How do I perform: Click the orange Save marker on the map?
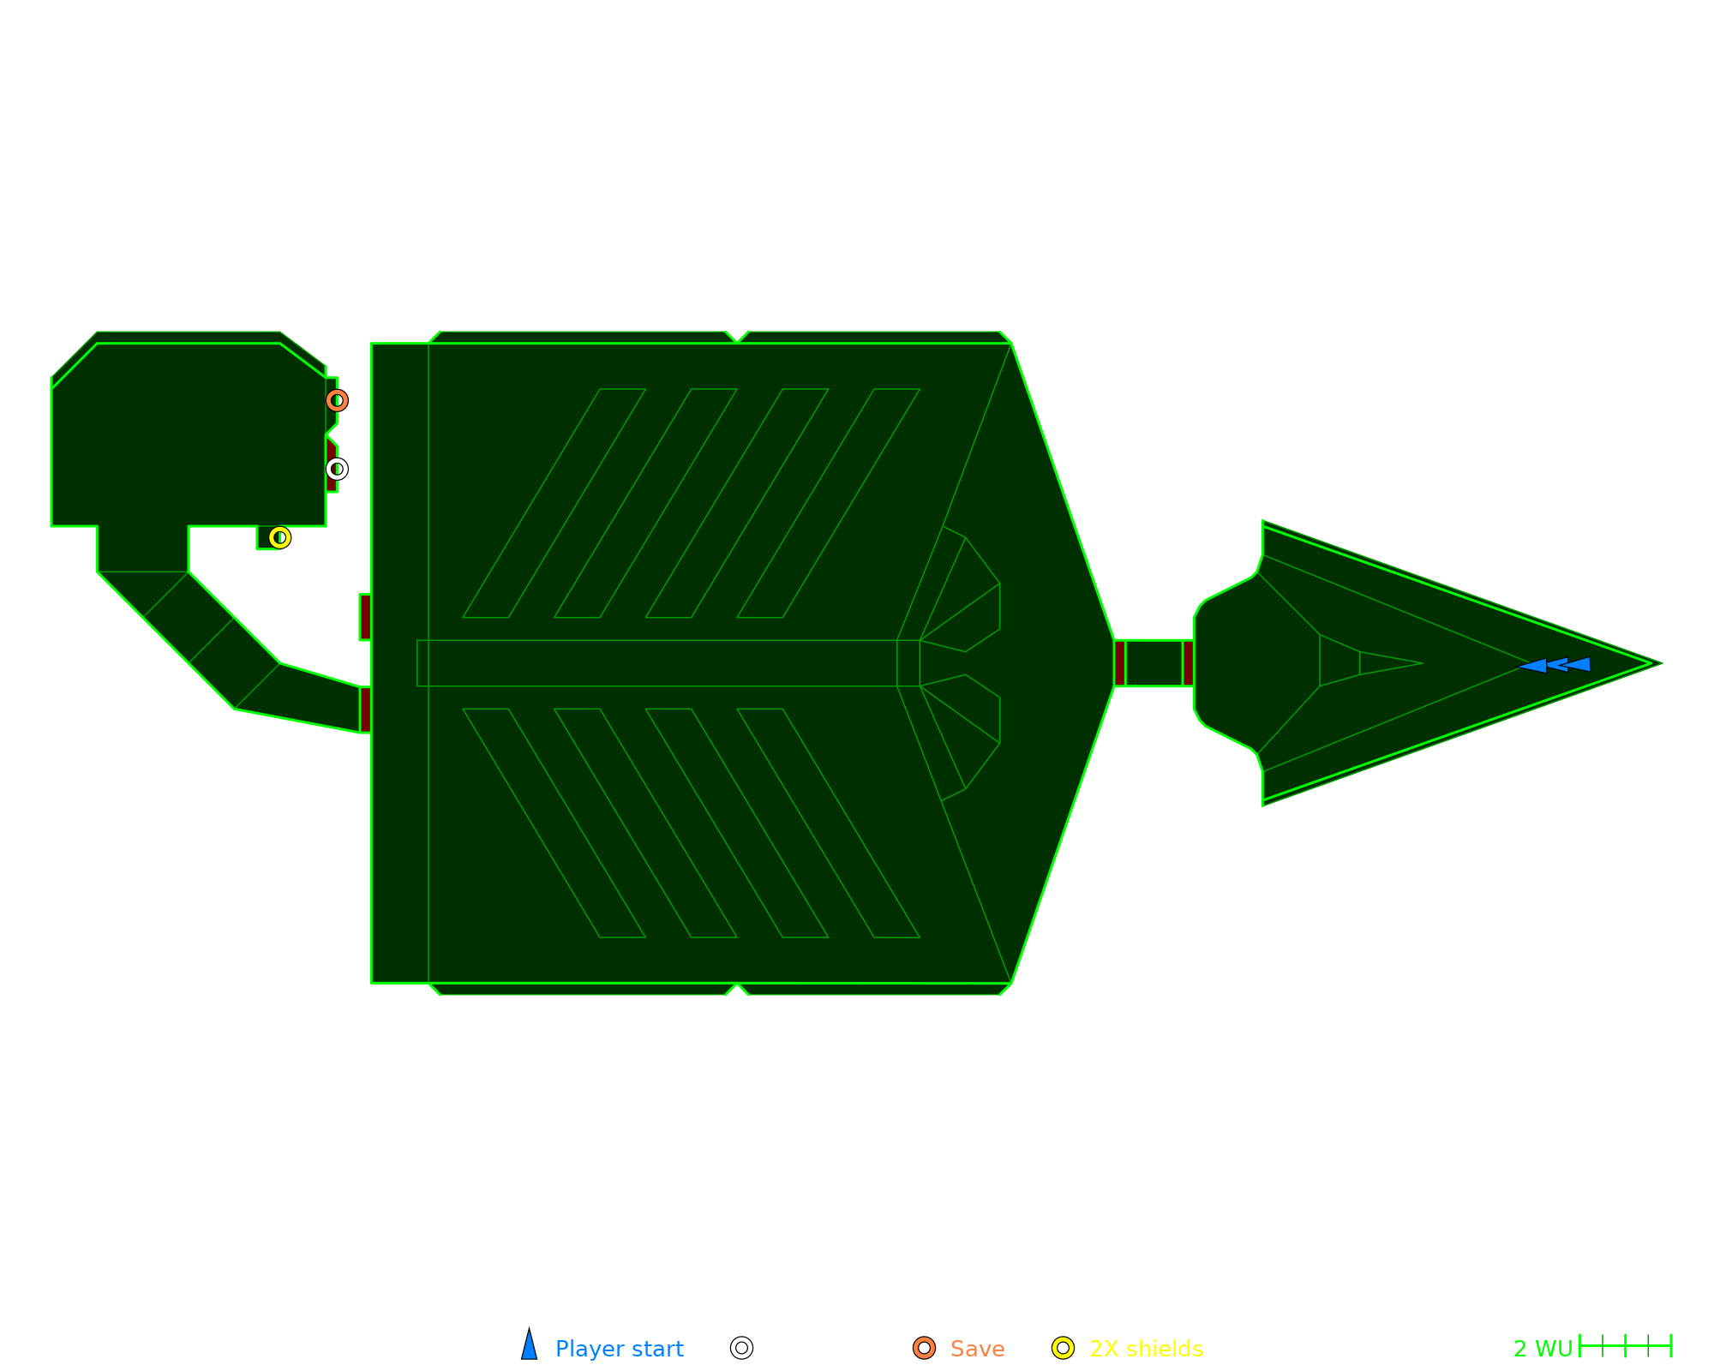[337, 400]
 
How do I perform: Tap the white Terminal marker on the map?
[337, 469]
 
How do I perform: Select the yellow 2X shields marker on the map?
[279, 537]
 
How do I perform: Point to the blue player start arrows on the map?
[1555, 665]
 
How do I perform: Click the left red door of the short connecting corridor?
[1119, 663]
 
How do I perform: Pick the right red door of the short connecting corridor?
[1188, 663]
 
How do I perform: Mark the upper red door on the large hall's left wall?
[365, 617]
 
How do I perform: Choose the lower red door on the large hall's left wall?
[365, 709]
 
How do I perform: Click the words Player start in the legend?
[619, 1349]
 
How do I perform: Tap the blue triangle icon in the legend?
[530, 1346]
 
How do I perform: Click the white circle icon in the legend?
[741, 1348]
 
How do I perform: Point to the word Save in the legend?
[977, 1349]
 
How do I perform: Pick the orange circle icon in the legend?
[924, 1348]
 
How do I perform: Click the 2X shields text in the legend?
[1146, 1349]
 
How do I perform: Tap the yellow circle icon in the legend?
[1063, 1348]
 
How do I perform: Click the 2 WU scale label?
[1542, 1349]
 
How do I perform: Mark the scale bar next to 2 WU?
[1625, 1346]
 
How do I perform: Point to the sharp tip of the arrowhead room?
[1659, 663]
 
